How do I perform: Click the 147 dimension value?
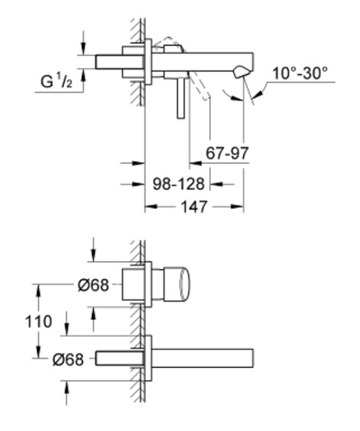194,207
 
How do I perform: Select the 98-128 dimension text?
178,184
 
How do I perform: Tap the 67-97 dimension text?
227,153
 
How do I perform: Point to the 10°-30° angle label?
300,73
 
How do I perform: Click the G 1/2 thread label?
57,81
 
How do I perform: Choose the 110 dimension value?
39,322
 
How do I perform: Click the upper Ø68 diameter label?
93,285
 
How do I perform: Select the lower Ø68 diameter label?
68,359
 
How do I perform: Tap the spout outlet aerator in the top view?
239,72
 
